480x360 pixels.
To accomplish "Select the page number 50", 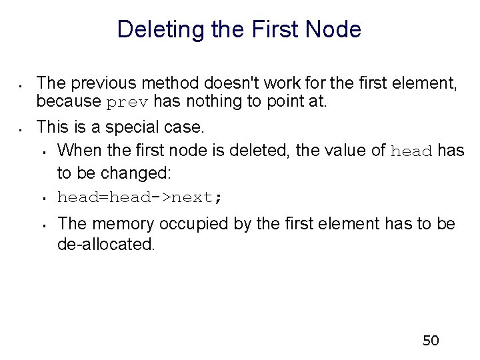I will [431, 341].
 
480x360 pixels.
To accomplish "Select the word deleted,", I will [258, 150].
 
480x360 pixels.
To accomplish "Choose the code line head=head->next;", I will [141, 198].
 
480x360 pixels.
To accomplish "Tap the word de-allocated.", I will [106, 244].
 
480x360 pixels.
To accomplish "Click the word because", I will [69, 102].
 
